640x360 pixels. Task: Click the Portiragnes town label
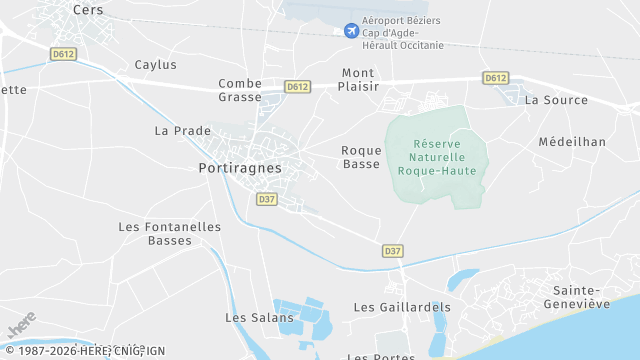240,169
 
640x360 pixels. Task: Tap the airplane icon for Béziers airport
351,31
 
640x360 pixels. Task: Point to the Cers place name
88,9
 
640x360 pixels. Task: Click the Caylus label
156,65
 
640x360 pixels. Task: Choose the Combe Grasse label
240,90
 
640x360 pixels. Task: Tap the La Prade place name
183,131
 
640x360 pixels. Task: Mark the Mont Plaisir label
359,80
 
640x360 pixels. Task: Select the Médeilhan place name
572,142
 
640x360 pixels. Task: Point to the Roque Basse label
361,157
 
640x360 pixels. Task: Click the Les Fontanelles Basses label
169,233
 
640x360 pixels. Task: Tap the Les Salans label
259,317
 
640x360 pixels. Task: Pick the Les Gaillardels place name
402,307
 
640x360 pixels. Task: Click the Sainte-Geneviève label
574,296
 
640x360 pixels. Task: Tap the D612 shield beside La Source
495,77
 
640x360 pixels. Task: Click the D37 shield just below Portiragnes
266,199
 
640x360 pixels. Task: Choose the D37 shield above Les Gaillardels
393,250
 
